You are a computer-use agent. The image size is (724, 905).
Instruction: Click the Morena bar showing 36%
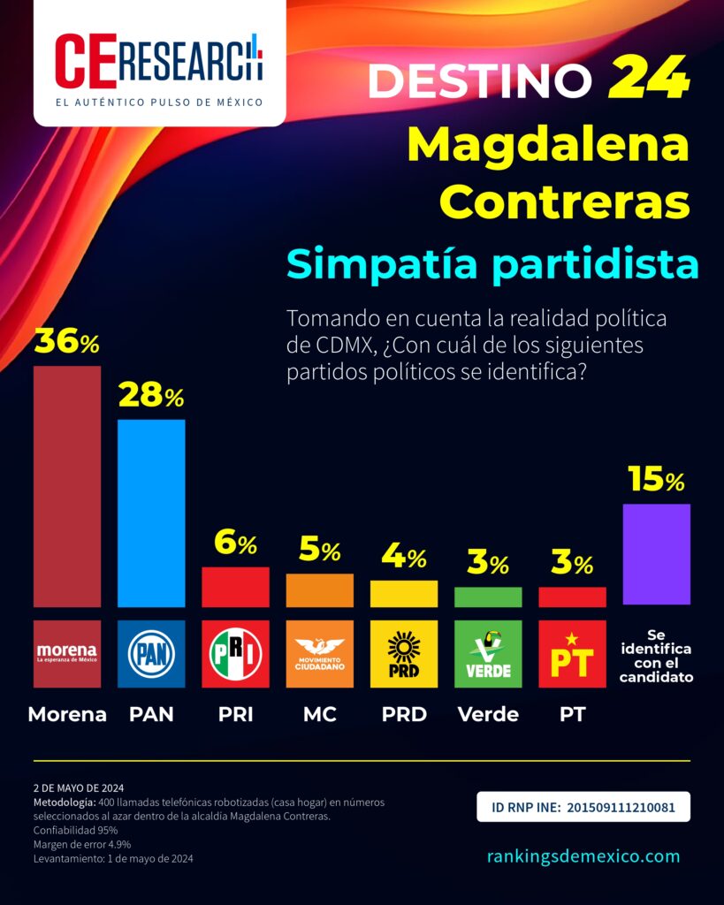[x=67, y=486]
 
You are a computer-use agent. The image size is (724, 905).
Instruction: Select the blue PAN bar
[x=151, y=513]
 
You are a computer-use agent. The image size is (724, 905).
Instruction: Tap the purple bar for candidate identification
[x=656, y=554]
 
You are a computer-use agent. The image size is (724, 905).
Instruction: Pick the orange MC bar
[x=319, y=590]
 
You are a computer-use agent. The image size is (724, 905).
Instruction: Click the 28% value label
[x=151, y=397]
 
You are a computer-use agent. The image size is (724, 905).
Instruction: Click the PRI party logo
[x=235, y=654]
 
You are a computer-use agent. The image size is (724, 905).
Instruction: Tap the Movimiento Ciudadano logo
[x=319, y=654]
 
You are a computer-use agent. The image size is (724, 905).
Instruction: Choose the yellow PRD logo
[x=403, y=654]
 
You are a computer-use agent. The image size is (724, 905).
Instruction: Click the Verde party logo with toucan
[x=487, y=654]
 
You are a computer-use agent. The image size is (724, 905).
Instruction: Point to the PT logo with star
[x=572, y=654]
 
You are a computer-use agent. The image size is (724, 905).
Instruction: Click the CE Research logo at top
[x=159, y=64]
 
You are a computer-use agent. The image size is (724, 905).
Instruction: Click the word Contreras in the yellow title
[x=564, y=202]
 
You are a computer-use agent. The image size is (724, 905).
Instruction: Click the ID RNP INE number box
[x=583, y=807]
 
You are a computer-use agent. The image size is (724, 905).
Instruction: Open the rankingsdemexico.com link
[x=583, y=856]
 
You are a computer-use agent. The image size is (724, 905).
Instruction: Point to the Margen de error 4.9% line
[x=82, y=844]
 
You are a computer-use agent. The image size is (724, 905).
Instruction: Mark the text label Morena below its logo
[x=67, y=714]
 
